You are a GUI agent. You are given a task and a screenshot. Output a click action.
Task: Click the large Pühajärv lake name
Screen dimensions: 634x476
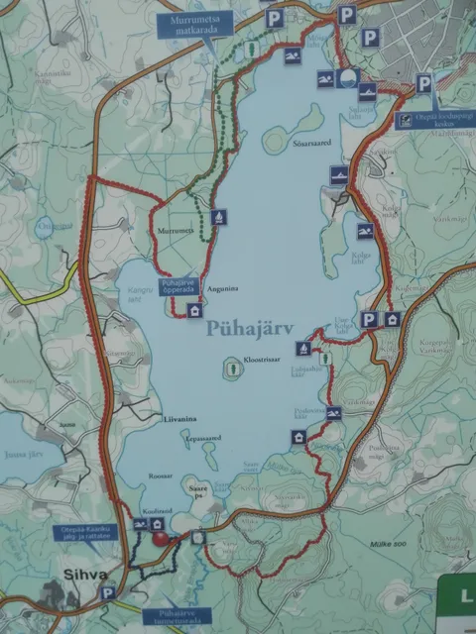tap(252, 334)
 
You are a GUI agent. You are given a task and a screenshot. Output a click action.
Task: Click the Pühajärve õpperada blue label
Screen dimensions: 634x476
tap(177, 286)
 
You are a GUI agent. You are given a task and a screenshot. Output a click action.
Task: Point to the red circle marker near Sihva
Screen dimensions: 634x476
tap(160, 538)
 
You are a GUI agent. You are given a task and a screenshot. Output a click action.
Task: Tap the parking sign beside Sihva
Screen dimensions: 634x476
tap(108, 593)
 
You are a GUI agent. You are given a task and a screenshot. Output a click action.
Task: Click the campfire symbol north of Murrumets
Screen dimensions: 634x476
tap(219, 217)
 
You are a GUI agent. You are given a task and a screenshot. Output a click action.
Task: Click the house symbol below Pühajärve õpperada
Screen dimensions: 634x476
tap(194, 310)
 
